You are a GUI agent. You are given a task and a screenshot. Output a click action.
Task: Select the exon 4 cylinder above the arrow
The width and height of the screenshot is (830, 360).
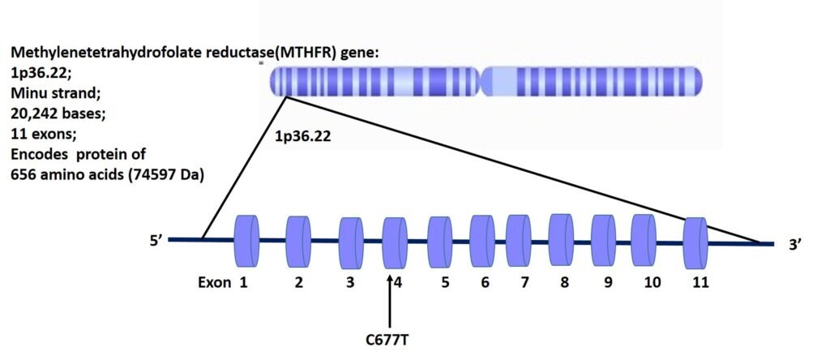coord(394,241)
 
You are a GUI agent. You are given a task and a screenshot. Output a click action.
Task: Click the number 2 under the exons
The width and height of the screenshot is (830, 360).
coord(298,283)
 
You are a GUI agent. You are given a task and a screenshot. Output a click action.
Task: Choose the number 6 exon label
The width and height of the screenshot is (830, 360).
coord(484,283)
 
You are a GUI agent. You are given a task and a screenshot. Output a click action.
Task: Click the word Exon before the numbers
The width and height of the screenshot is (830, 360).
coord(214,283)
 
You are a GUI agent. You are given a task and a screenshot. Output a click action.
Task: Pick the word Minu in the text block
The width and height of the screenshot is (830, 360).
coord(28,92)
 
